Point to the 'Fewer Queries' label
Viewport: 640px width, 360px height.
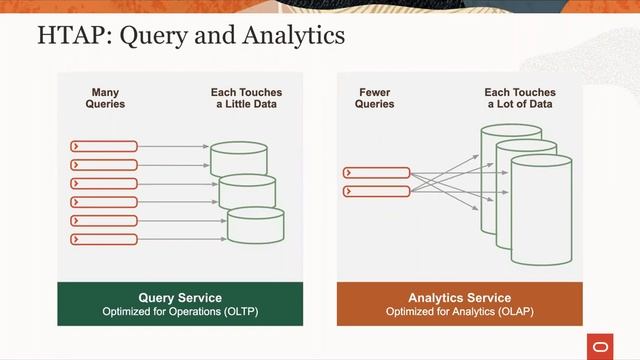[376, 98]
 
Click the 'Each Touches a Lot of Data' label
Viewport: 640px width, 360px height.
[520, 98]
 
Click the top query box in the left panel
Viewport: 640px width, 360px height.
[104, 146]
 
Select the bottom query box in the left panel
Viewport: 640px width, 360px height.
[104, 239]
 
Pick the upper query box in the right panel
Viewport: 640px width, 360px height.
[376, 172]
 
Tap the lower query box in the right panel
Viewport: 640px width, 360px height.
[376, 190]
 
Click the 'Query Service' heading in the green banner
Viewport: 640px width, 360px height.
[179, 298]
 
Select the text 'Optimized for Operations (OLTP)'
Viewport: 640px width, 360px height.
[179, 312]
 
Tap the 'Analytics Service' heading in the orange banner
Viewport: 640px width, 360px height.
[459, 298]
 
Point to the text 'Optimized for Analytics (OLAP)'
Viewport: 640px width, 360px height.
[459, 312]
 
